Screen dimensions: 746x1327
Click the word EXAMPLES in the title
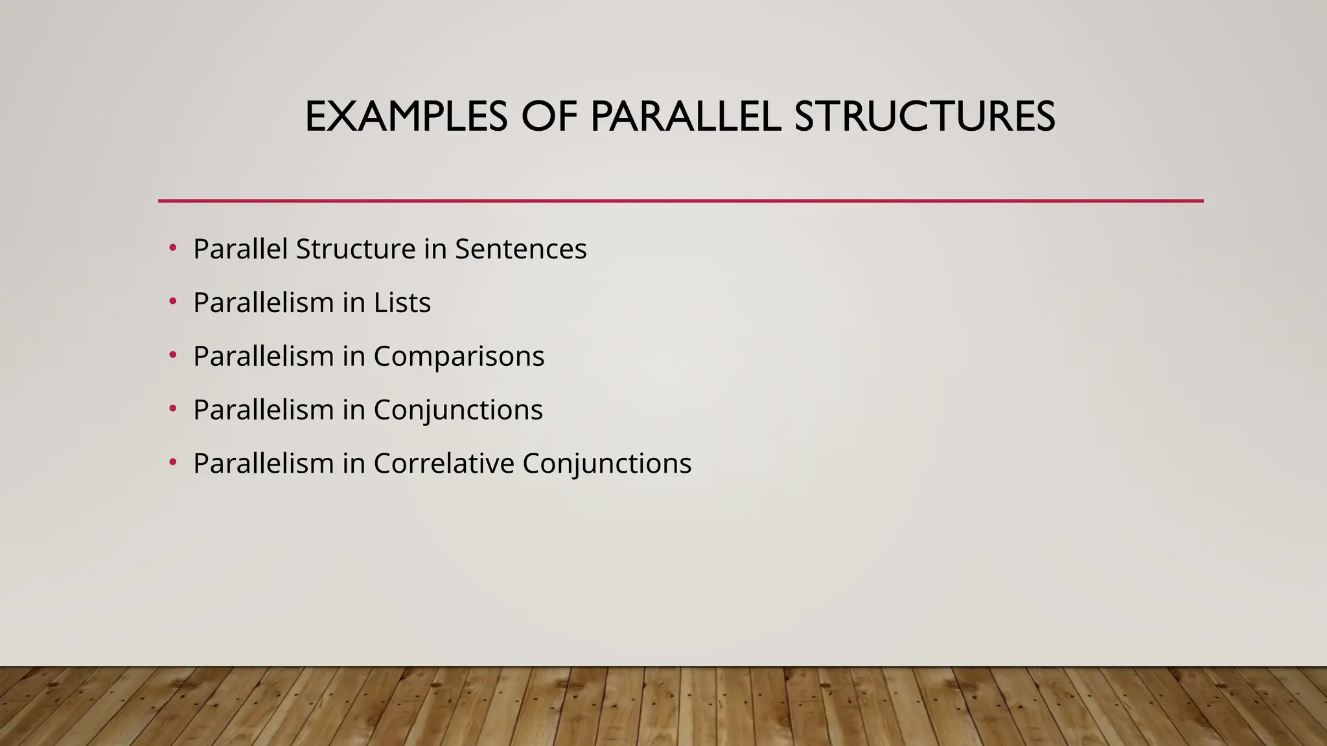point(406,117)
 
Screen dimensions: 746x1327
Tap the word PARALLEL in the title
point(686,117)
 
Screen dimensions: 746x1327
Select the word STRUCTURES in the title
point(925,117)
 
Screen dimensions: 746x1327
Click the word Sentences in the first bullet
point(520,249)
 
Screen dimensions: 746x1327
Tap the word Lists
point(402,303)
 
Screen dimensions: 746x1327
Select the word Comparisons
point(459,357)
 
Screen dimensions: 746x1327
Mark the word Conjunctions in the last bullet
point(607,464)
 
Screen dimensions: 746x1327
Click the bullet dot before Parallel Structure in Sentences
point(172,248)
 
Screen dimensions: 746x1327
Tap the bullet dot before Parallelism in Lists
point(172,302)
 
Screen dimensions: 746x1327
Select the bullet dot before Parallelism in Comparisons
point(172,356)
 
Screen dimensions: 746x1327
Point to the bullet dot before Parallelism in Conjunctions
point(172,409)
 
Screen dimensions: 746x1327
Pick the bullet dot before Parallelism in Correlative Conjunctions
point(172,462)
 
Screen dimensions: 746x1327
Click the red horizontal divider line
point(680,201)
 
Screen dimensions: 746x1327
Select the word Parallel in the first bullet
point(240,249)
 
